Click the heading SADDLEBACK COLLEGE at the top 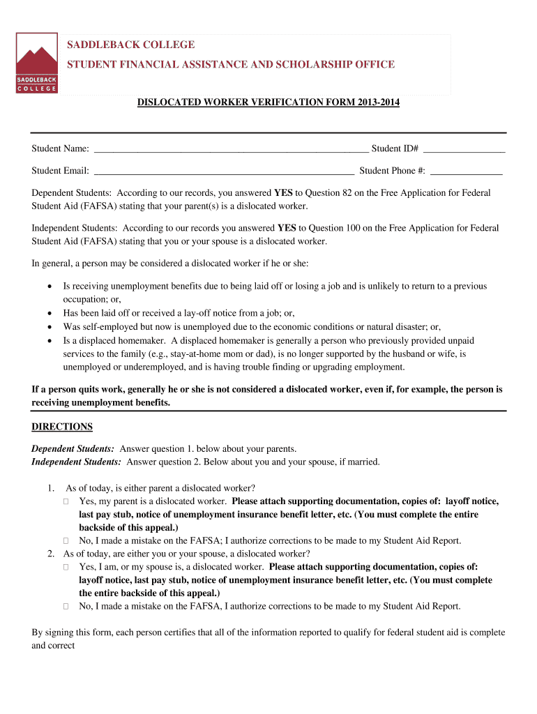[130, 45]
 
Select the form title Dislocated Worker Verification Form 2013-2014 [268, 103]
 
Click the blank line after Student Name [231, 149]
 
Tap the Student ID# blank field [464, 149]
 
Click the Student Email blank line [224, 171]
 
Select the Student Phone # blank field [466, 171]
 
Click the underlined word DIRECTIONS [62, 427]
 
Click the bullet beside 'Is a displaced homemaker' [49, 341]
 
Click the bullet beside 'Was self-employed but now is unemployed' [49, 326]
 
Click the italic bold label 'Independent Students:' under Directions [77, 462]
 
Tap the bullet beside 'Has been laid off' [49, 313]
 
